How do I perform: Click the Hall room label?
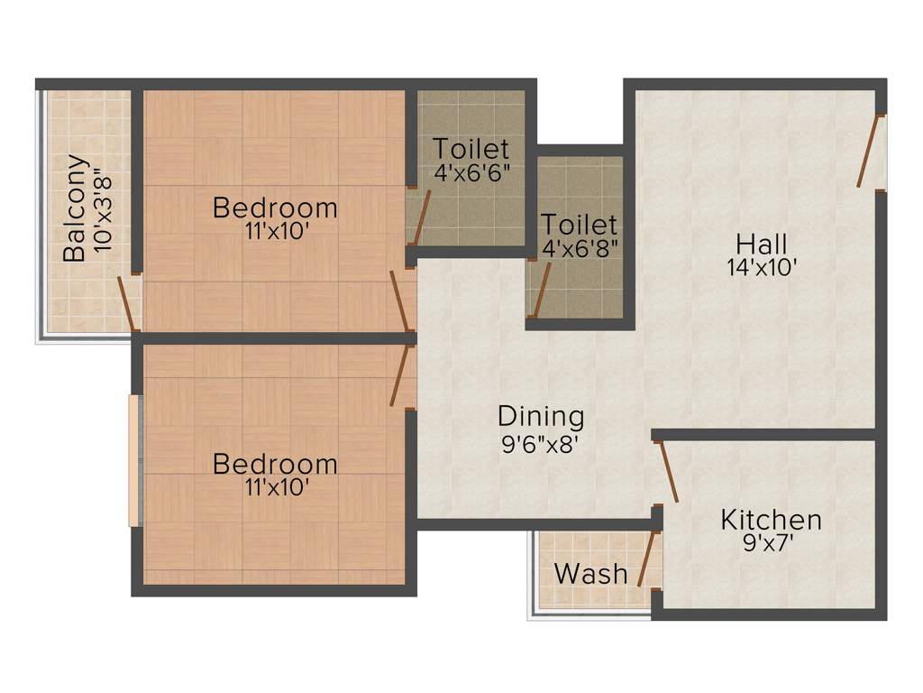(x=762, y=244)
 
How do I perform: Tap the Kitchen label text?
(x=771, y=520)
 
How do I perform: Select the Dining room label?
(x=541, y=417)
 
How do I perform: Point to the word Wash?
(x=590, y=573)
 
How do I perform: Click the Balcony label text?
(x=76, y=208)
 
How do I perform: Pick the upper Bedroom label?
(x=275, y=208)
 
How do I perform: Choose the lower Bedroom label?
(x=275, y=464)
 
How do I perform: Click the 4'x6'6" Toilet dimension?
(x=471, y=172)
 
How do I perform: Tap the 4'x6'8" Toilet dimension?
(x=579, y=248)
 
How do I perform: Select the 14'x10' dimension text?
(x=762, y=267)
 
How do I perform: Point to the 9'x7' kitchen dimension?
(x=771, y=543)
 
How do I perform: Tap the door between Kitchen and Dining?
(x=668, y=471)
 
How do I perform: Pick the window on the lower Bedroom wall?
(x=134, y=460)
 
